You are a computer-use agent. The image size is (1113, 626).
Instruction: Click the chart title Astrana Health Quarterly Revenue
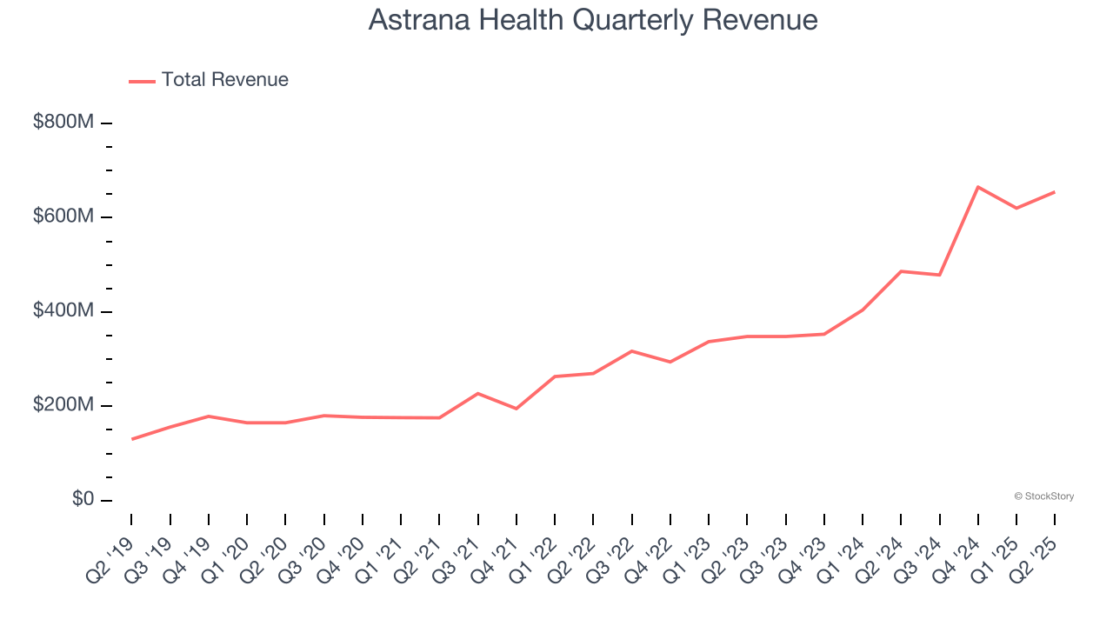coord(592,20)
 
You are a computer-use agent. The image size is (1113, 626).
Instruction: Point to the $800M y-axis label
coord(63,123)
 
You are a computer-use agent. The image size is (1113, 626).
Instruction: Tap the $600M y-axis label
coord(63,216)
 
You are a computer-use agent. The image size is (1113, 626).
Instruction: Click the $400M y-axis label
coord(63,311)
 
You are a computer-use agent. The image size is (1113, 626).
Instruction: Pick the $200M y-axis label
coord(63,406)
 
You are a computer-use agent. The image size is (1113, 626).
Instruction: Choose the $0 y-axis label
coord(83,500)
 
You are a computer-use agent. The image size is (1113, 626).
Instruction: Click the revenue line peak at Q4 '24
coord(978,187)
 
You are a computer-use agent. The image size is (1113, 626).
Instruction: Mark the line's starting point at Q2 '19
coord(132,439)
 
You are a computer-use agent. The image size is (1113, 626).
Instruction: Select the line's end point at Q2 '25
coord(1055,191)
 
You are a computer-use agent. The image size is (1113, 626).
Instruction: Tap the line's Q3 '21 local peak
coord(478,394)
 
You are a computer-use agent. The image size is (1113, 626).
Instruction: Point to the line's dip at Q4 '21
coord(517,409)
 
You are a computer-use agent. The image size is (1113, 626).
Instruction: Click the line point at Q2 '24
coord(901,271)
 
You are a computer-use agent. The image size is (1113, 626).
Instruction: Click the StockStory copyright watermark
coord(1044,496)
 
